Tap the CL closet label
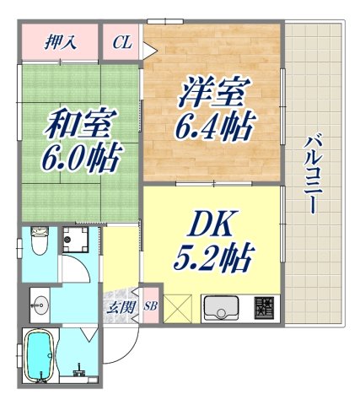click(121, 41)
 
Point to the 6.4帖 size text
click(214, 128)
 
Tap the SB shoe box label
click(151, 306)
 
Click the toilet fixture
click(37, 243)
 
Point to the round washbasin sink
click(39, 301)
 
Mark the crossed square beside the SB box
click(179, 308)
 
